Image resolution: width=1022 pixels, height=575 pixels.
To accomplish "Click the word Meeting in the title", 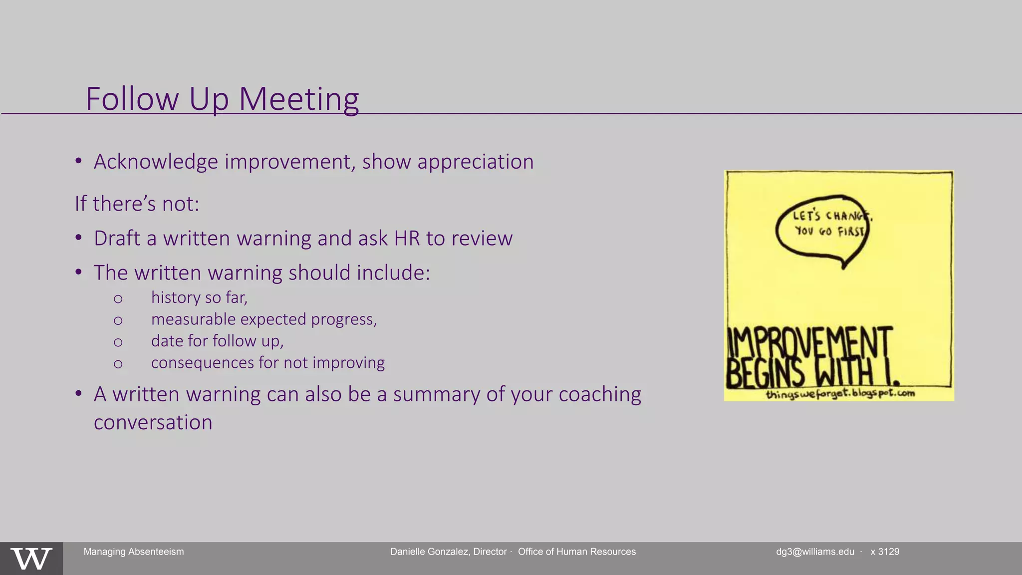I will coord(298,99).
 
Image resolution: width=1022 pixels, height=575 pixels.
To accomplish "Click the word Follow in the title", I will coord(132,99).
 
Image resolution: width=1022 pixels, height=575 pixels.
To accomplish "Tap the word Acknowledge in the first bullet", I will coord(156,162).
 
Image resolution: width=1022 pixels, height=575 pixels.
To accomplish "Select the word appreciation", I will coord(475,162).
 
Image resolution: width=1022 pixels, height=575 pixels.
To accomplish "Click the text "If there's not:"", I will coord(137,204).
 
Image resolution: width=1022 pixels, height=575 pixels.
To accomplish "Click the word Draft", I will coord(117,238).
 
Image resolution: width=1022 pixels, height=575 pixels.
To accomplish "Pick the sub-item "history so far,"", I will coord(199,297).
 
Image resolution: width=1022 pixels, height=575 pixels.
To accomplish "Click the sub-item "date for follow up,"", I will coord(217,341).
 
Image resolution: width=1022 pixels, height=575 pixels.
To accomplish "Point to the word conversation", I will coord(153,422).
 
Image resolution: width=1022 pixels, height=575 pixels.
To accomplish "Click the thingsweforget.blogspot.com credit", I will coord(840,394).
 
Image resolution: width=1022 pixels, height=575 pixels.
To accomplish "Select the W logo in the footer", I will coord(31,559).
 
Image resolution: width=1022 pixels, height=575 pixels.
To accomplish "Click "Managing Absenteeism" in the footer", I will coord(133,552).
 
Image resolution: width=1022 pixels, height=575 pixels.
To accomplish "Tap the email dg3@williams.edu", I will coord(814,552).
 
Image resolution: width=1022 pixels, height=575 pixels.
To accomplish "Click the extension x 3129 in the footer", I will coord(885,552).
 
